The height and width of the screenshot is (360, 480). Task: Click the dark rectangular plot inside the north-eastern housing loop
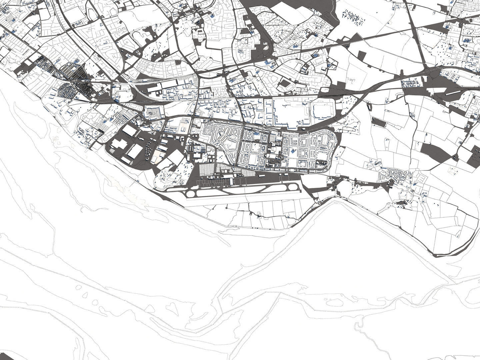pos(285,83)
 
